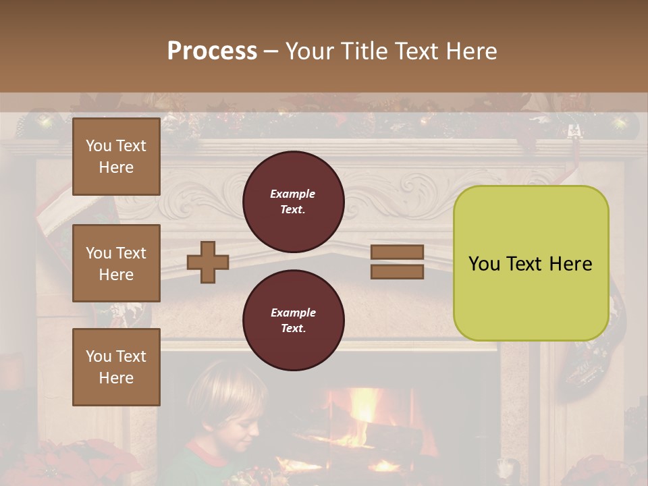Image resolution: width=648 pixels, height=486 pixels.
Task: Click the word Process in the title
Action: (212, 51)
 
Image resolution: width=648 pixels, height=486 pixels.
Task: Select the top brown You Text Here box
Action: (116, 157)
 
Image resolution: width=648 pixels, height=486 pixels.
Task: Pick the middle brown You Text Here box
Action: (116, 263)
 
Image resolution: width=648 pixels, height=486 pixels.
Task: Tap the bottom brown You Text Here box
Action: (116, 367)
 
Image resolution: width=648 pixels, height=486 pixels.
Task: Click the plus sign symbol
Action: (208, 262)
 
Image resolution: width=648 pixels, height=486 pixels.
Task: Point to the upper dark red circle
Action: (293, 202)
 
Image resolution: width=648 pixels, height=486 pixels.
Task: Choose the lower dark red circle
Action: (293, 321)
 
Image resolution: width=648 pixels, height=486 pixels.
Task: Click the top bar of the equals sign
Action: (398, 252)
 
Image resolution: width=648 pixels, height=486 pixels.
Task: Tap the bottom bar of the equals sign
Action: (398, 271)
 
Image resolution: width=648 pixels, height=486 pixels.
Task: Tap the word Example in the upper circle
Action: (293, 194)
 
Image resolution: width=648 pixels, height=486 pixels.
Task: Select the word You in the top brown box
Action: (99, 146)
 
